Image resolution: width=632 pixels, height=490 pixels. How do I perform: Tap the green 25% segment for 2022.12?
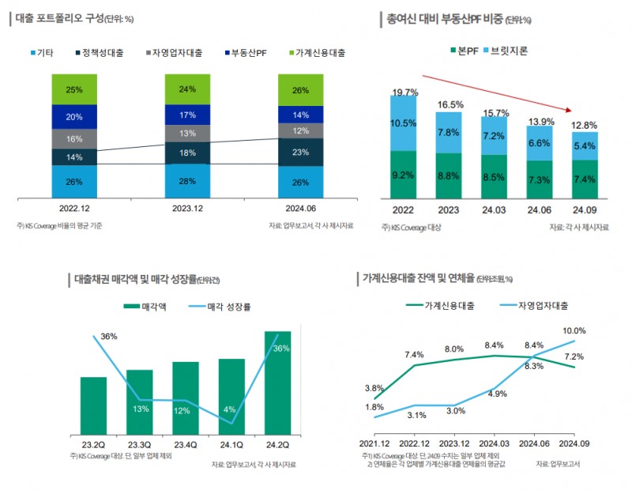(74, 89)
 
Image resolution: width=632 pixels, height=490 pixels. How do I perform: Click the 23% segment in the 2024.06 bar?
(300, 153)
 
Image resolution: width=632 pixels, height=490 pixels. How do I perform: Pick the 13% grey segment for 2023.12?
(187, 134)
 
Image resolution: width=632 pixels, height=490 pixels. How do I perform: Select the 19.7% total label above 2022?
(404, 92)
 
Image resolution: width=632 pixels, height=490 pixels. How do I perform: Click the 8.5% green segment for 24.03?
(495, 177)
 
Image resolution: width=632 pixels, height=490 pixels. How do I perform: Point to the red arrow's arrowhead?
(569, 110)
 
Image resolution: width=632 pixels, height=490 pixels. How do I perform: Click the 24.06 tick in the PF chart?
(540, 211)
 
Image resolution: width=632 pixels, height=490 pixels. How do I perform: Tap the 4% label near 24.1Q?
(229, 409)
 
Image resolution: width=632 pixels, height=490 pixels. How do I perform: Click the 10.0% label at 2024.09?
(574, 330)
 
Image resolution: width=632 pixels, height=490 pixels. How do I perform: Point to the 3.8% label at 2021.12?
(374, 388)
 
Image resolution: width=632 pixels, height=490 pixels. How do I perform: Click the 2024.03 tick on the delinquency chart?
(493, 444)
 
